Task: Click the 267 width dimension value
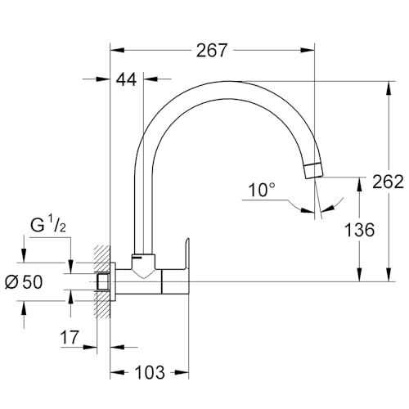click(212, 51)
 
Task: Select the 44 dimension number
click(126, 79)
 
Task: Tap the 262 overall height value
click(388, 182)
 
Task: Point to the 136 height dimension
click(359, 230)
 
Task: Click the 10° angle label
click(262, 190)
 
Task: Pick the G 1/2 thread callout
click(48, 226)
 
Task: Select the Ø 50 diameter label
click(24, 281)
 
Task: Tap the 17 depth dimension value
click(70, 338)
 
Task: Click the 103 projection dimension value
click(150, 372)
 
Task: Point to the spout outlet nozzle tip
click(313, 171)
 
